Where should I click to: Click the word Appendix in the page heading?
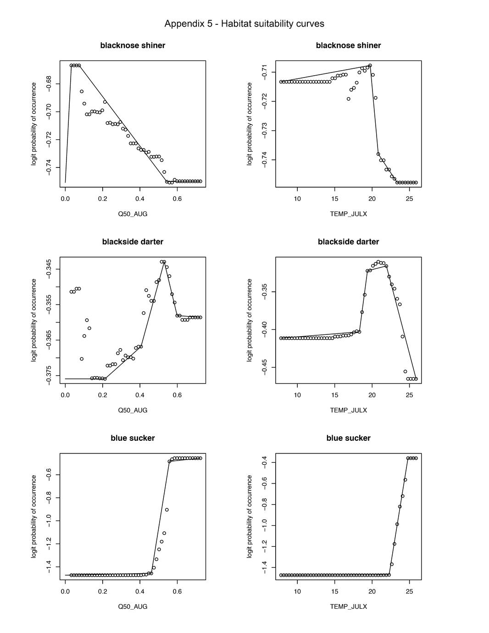tap(182, 24)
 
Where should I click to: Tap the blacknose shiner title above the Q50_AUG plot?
tap(133, 45)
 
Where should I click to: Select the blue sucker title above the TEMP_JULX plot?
tap(348, 438)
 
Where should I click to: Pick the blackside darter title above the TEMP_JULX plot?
tap(348, 242)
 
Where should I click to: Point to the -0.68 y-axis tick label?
tap(49, 84)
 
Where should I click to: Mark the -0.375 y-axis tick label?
tap(49, 375)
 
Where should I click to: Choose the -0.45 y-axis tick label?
tap(264, 367)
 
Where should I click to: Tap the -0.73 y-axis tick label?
tap(264, 131)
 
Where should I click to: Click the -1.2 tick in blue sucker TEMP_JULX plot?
tap(264, 547)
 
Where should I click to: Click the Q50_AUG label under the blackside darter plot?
tap(133, 410)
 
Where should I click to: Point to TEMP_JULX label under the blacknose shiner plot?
tap(348, 214)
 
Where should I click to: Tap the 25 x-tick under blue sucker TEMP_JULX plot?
tap(409, 592)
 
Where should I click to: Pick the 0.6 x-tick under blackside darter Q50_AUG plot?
tap(177, 395)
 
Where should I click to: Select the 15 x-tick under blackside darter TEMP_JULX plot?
tap(335, 395)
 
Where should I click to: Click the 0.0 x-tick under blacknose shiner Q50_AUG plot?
tap(65, 199)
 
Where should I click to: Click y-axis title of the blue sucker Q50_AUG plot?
tap(34, 516)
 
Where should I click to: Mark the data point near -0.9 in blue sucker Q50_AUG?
tap(167, 510)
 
